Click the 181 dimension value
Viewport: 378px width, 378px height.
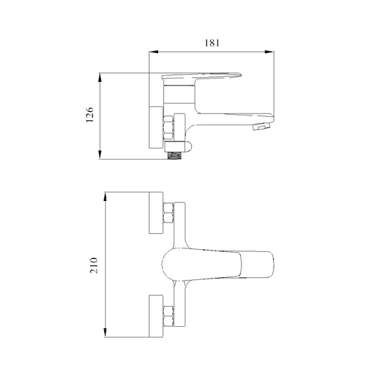pyautogui.click(x=212, y=43)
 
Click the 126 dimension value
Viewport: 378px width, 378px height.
pyautogui.click(x=90, y=115)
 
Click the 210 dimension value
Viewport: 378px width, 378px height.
pyautogui.click(x=94, y=265)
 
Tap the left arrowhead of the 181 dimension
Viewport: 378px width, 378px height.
pyautogui.click(x=153, y=52)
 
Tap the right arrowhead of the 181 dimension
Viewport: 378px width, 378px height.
pyautogui.click(x=269, y=52)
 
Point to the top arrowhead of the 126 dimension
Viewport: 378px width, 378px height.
pyautogui.click(x=100, y=78)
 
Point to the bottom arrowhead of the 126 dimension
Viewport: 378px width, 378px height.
pyautogui.click(x=100, y=154)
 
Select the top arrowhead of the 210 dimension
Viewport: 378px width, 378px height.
pyautogui.click(x=105, y=197)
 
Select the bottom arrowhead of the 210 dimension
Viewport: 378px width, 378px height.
pyautogui.click(x=105, y=332)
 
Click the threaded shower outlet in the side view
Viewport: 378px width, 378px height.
pyautogui.click(x=174, y=155)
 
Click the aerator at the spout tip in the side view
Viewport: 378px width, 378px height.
pyautogui.click(x=261, y=127)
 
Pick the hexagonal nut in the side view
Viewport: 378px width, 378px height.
pyautogui.click(x=168, y=128)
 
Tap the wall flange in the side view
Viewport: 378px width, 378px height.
pyautogui.click(x=156, y=127)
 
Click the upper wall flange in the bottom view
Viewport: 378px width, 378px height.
pyautogui.click(x=156, y=213)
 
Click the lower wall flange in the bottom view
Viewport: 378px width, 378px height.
pyautogui.click(x=156, y=316)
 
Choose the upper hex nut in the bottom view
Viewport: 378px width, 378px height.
pyautogui.click(x=168, y=213)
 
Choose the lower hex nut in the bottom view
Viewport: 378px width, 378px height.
pyautogui.click(x=168, y=316)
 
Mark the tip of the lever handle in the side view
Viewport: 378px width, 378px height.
pyautogui.click(x=241, y=75)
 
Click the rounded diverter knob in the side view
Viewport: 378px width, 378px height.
pyautogui.click(x=188, y=146)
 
